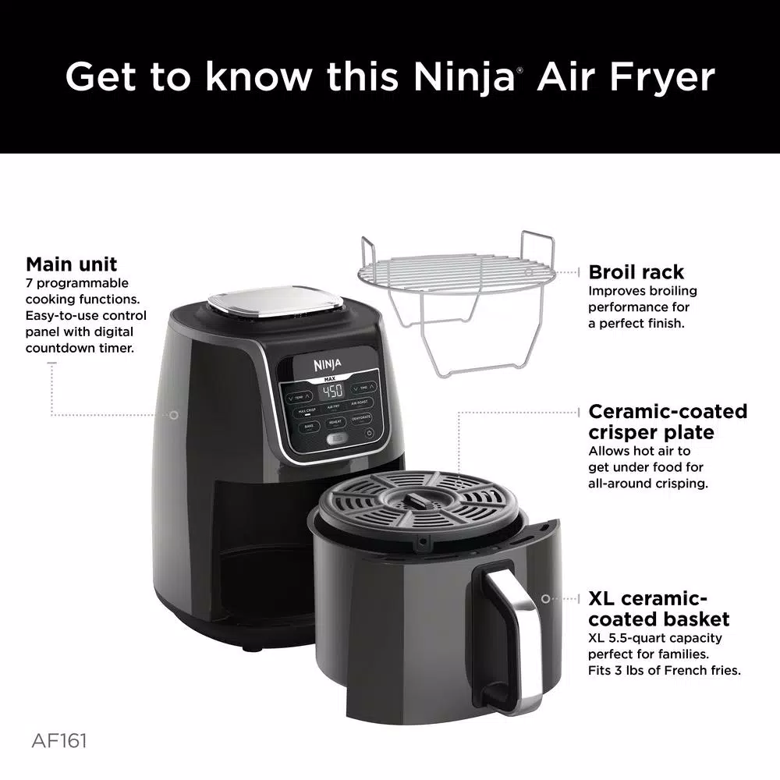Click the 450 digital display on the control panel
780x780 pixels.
333,390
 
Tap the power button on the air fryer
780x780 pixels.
369,433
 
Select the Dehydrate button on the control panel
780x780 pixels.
360,419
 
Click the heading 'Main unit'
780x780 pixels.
72,264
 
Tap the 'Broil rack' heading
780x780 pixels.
636,272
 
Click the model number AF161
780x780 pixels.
60,739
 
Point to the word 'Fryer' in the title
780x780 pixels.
657,77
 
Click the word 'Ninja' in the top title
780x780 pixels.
462,77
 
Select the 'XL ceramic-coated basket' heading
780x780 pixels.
658,609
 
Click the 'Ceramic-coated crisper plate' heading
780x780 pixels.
667,421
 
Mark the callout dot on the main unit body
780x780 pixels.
174,415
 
